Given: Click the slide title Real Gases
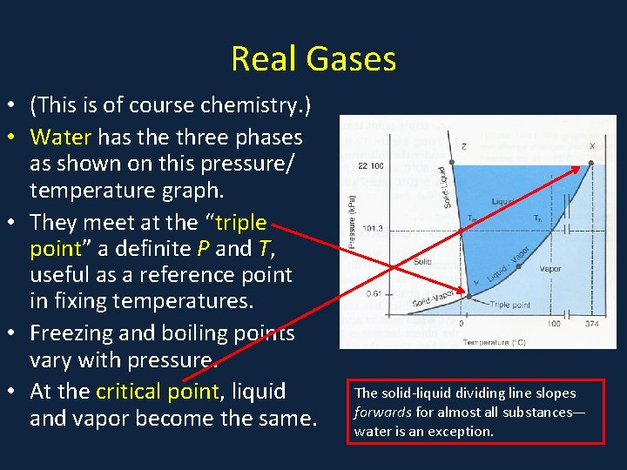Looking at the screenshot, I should click(x=313, y=59).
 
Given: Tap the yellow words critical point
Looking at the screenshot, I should click(x=157, y=391).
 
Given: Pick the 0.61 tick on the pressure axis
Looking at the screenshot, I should click(x=373, y=293).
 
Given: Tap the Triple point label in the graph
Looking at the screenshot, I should click(x=510, y=305).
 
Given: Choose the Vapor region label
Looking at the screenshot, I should click(x=550, y=269).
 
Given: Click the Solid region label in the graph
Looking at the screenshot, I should click(x=421, y=261).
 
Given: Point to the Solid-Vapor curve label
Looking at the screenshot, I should click(x=433, y=301).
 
